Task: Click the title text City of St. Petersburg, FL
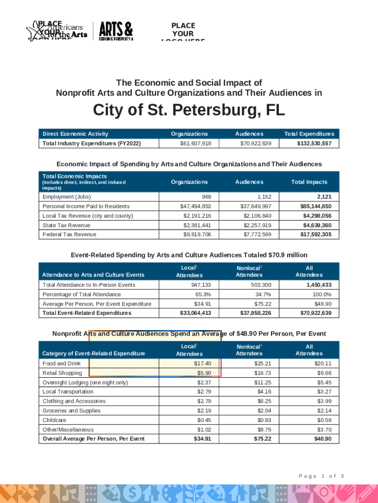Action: (x=189, y=111)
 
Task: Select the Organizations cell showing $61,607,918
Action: (x=196, y=143)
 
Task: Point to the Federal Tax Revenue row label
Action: (x=69, y=235)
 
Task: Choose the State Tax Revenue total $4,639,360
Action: (x=317, y=225)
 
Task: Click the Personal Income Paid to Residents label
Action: (x=86, y=207)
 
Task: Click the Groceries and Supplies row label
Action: (x=72, y=411)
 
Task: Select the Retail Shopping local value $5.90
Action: (x=204, y=373)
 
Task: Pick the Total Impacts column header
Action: (x=309, y=182)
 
